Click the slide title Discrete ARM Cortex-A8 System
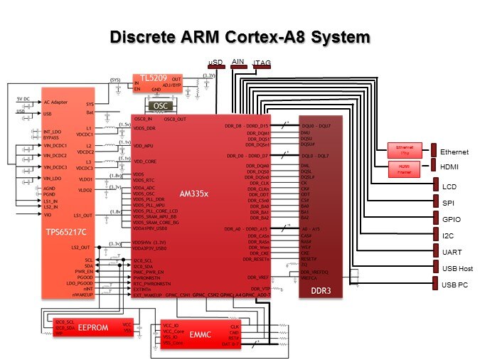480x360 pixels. (x=240, y=36)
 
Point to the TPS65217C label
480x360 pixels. (x=66, y=232)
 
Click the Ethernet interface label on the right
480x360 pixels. (x=454, y=152)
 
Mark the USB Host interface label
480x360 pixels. (x=457, y=269)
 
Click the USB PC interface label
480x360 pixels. (x=454, y=285)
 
